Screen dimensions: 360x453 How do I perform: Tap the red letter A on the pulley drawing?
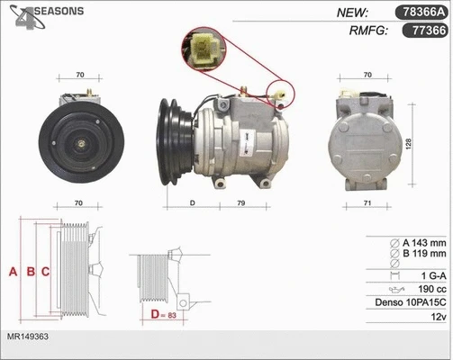click(14, 271)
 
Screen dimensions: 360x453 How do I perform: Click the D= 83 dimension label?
click(162, 315)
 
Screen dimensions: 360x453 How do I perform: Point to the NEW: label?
click(351, 13)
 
